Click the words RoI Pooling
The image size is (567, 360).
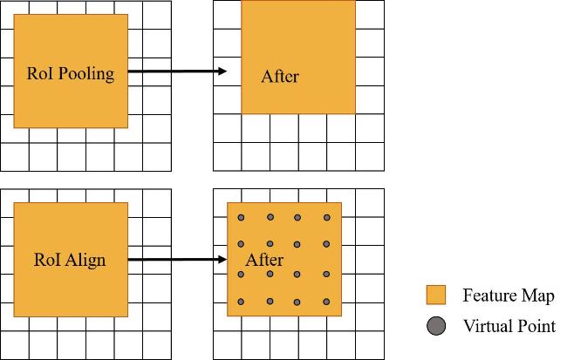tap(71, 74)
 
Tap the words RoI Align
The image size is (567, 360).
tap(70, 261)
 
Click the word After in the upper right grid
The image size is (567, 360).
tap(280, 77)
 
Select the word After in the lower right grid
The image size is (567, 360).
tap(264, 260)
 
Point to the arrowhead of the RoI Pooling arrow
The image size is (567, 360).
tap(222, 71)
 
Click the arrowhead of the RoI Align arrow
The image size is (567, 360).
tap(222, 259)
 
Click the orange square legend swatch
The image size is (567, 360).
tap(436, 295)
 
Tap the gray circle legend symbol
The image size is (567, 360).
tap(436, 326)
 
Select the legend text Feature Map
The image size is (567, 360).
tap(509, 295)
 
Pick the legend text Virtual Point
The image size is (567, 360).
tap(509, 326)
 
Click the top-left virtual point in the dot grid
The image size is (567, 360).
tap(241, 218)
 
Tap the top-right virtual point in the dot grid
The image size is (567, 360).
tap(327, 218)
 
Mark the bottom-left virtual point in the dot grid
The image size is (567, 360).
tap(241, 302)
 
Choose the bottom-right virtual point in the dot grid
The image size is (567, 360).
tap(326, 302)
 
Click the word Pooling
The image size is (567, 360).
tap(86, 74)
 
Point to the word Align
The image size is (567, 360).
tap(86, 261)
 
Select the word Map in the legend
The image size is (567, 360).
tap(537, 296)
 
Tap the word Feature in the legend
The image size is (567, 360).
tap(490, 295)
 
